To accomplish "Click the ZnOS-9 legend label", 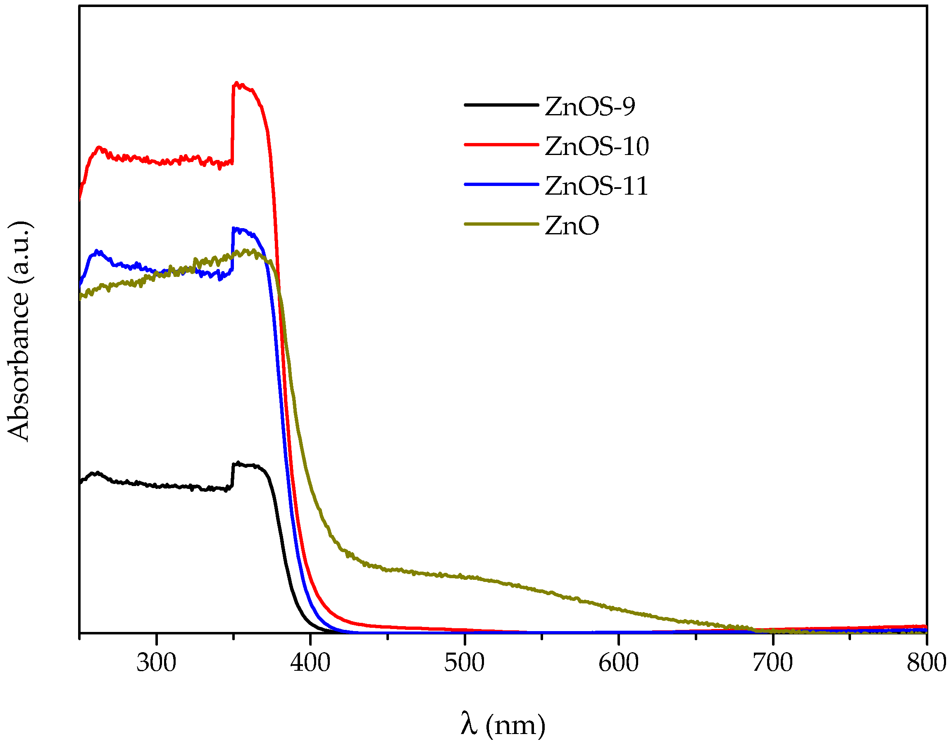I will point(589,106).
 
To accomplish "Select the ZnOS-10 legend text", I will point(596,146).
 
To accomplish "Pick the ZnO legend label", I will point(572,226).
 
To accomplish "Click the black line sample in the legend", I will point(501,105).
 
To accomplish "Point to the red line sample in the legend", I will point(501,145).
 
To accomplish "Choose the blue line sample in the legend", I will point(501,184).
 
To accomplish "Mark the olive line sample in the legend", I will point(501,224).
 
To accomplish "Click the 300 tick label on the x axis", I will point(156,663).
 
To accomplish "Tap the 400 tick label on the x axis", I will point(310,663).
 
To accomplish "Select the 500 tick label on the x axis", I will point(465,663).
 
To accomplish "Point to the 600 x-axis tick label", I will point(619,663).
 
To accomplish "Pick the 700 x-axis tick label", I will point(773,663).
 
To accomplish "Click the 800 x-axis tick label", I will point(926,663).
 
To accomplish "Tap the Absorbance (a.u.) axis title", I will point(18,332).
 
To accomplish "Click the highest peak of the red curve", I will point(237,83).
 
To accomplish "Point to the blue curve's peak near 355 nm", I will point(236,229).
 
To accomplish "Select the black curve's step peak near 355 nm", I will point(238,462).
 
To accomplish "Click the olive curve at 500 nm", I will point(465,577).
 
